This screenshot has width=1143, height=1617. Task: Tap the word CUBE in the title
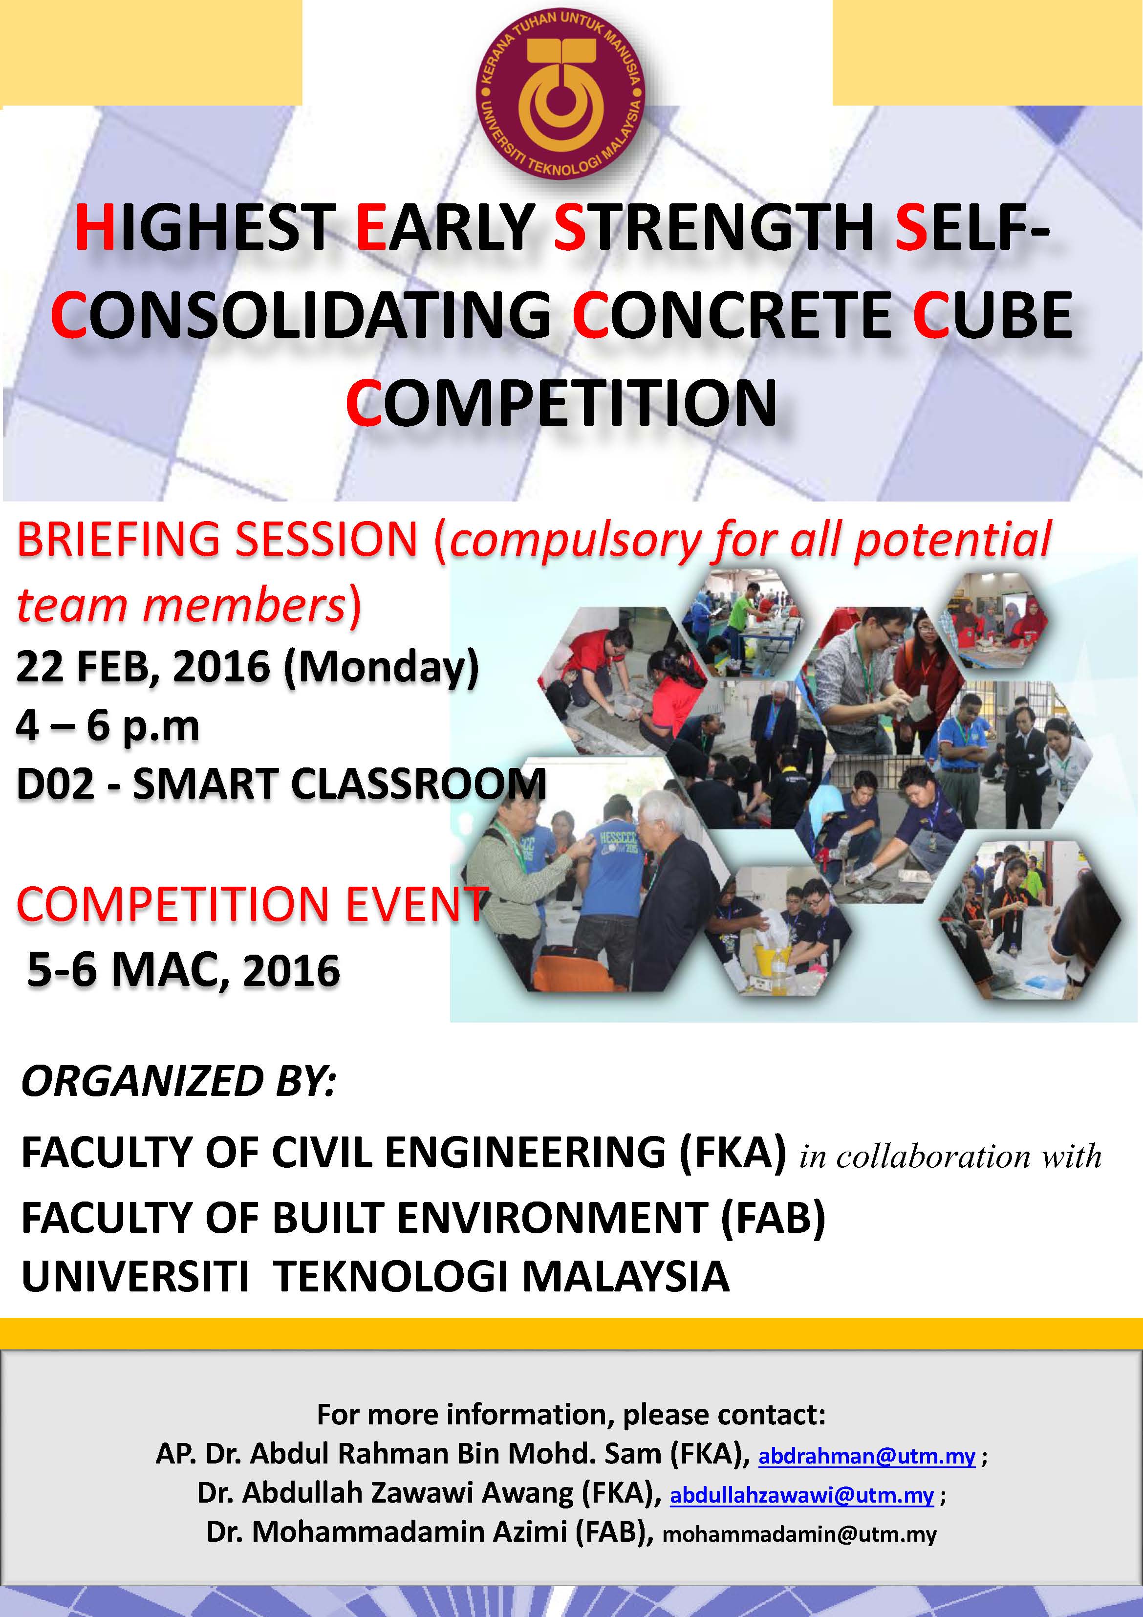click(992, 315)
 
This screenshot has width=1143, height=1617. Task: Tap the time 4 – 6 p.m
click(108, 726)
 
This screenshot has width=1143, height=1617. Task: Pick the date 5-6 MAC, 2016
click(183, 970)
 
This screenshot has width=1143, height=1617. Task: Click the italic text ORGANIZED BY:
click(179, 1082)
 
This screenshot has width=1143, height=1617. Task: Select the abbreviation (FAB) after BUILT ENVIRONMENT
click(773, 1218)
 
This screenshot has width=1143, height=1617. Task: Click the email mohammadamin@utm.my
click(799, 1534)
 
